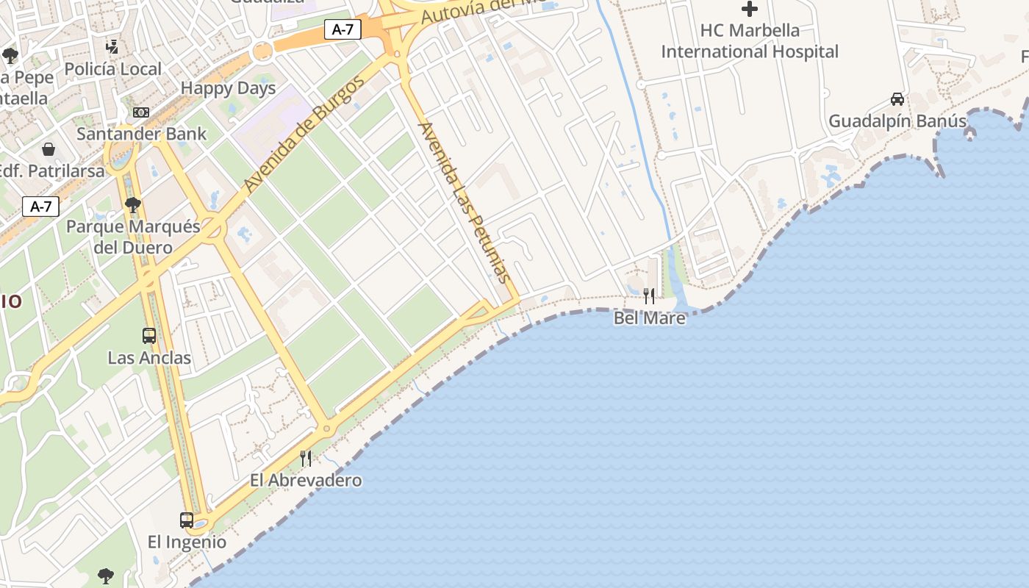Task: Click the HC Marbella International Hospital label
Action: (x=750, y=41)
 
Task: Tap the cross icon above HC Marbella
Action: (x=750, y=9)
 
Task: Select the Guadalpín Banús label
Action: (x=897, y=121)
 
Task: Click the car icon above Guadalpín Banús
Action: (x=897, y=98)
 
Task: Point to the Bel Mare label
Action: (x=650, y=318)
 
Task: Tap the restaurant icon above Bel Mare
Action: (x=649, y=295)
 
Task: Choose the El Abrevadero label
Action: (x=306, y=481)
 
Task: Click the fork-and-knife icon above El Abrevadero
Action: (x=306, y=459)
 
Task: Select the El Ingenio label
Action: (x=187, y=542)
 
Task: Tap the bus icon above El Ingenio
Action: (x=187, y=520)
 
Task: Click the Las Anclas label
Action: (x=149, y=358)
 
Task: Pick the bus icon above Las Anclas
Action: (x=149, y=336)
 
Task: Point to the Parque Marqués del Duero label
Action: (x=133, y=237)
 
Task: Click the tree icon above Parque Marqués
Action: (x=133, y=204)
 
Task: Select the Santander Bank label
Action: (x=142, y=134)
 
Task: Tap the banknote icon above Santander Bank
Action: (x=141, y=112)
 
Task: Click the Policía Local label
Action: (x=112, y=69)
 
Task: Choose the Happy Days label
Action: (x=228, y=88)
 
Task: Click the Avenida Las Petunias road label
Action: (x=464, y=202)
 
